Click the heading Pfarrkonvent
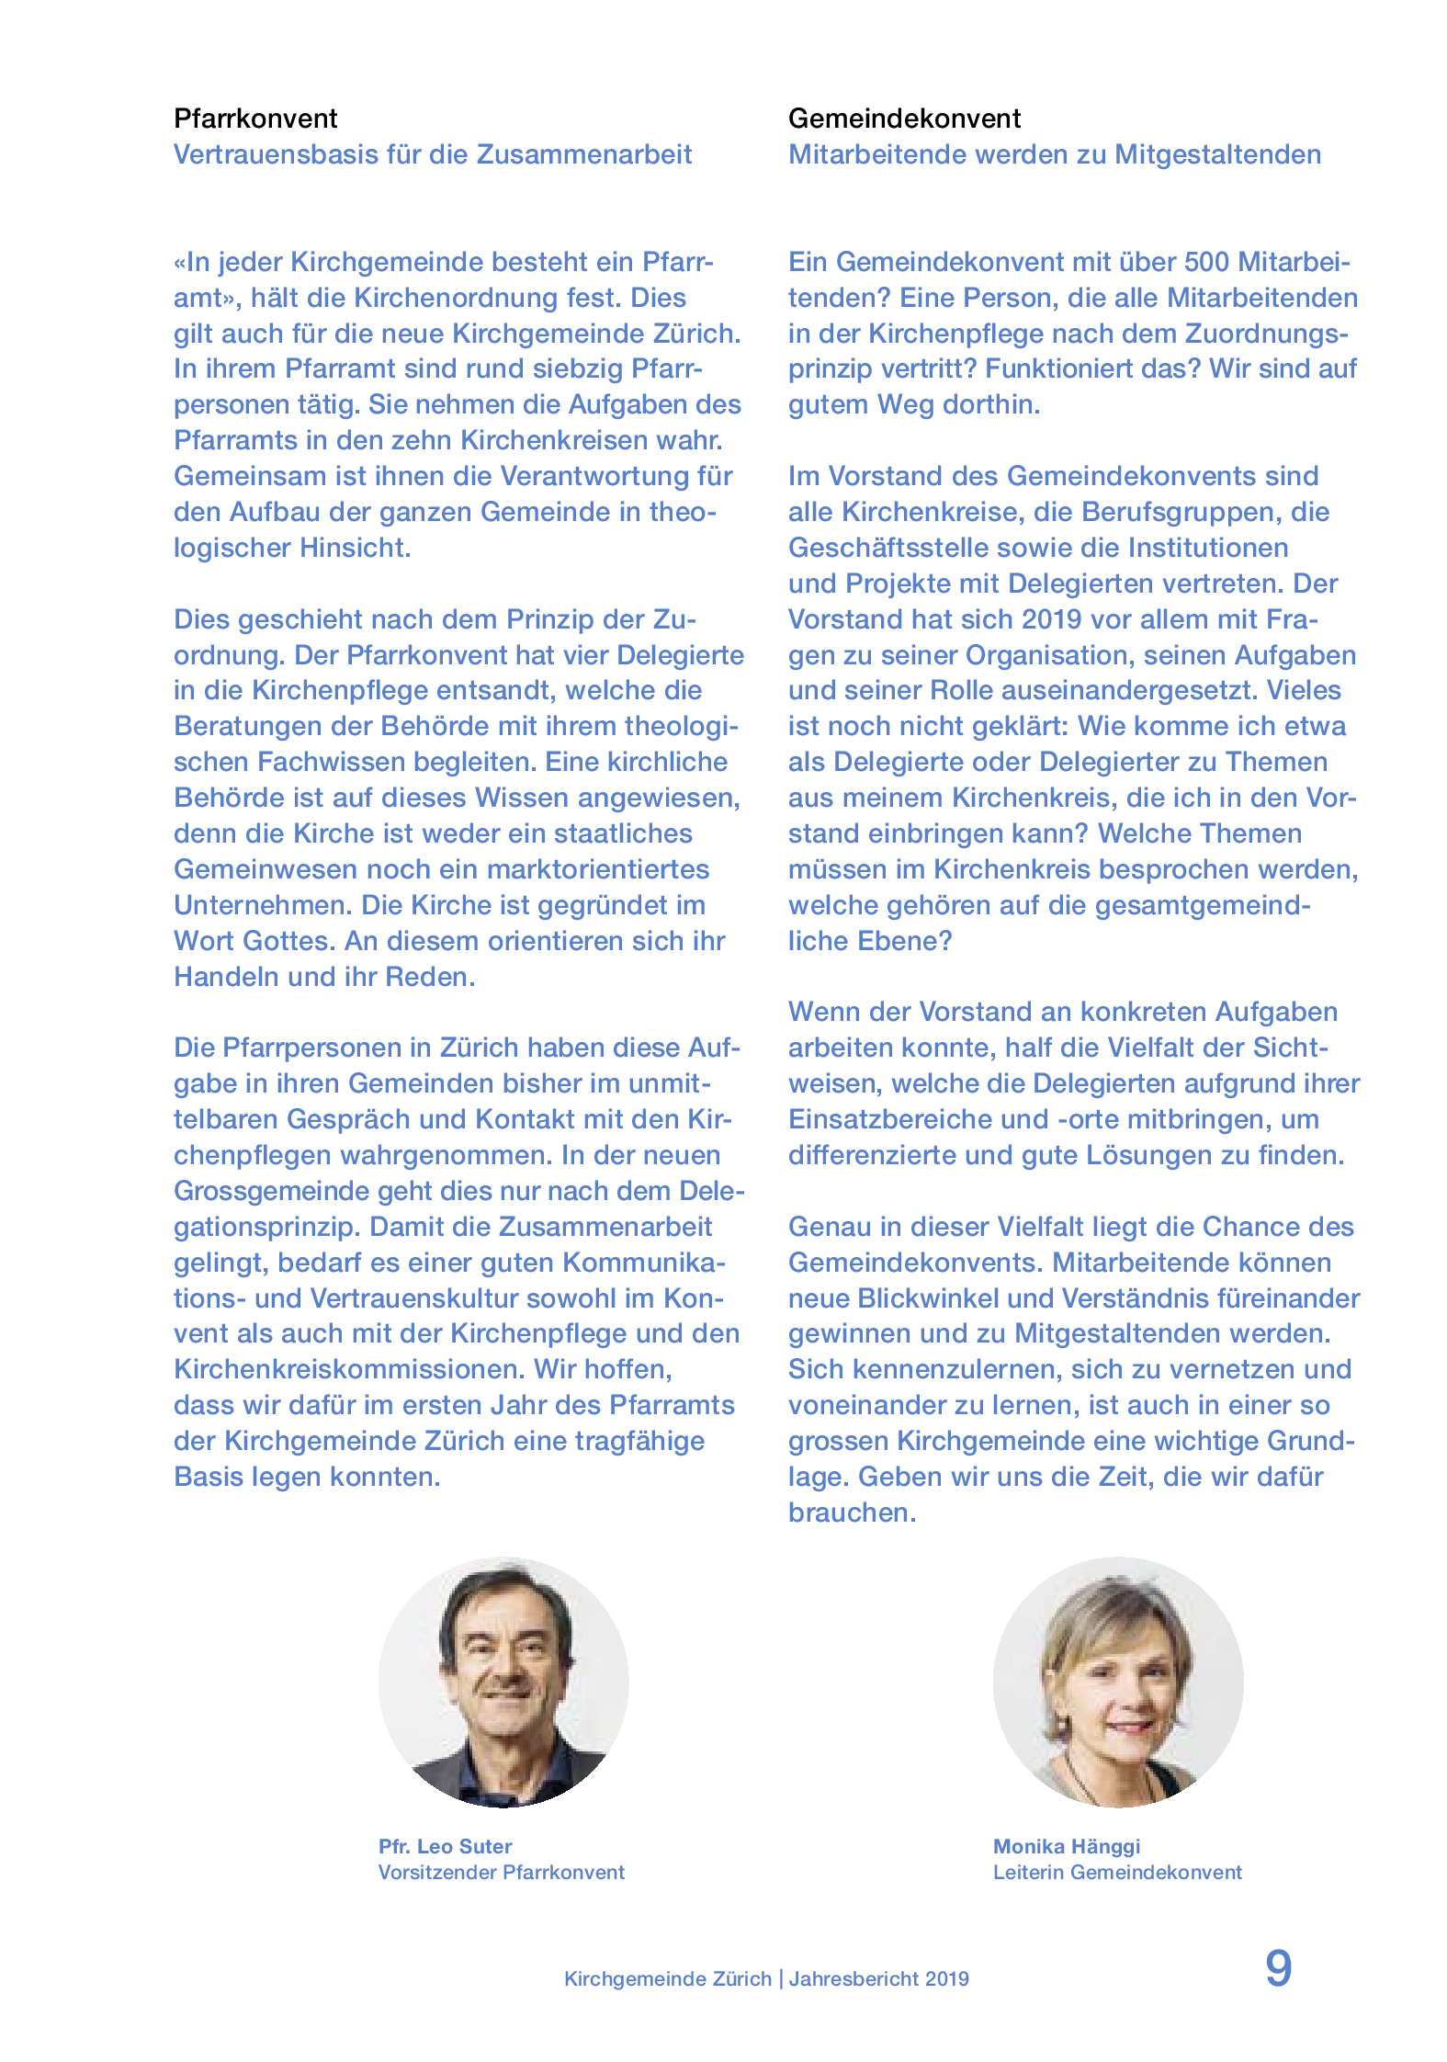(x=255, y=119)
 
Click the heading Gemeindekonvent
(x=904, y=119)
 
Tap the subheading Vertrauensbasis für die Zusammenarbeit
(x=432, y=154)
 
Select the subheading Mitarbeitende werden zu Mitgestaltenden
(x=1054, y=154)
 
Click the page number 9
(x=1278, y=1968)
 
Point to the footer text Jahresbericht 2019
(x=878, y=1978)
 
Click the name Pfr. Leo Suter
(x=445, y=1846)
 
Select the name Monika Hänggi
(x=1066, y=1846)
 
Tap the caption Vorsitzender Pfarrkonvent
(x=501, y=1872)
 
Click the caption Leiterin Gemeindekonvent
(x=1116, y=1872)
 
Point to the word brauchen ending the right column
(x=852, y=1513)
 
